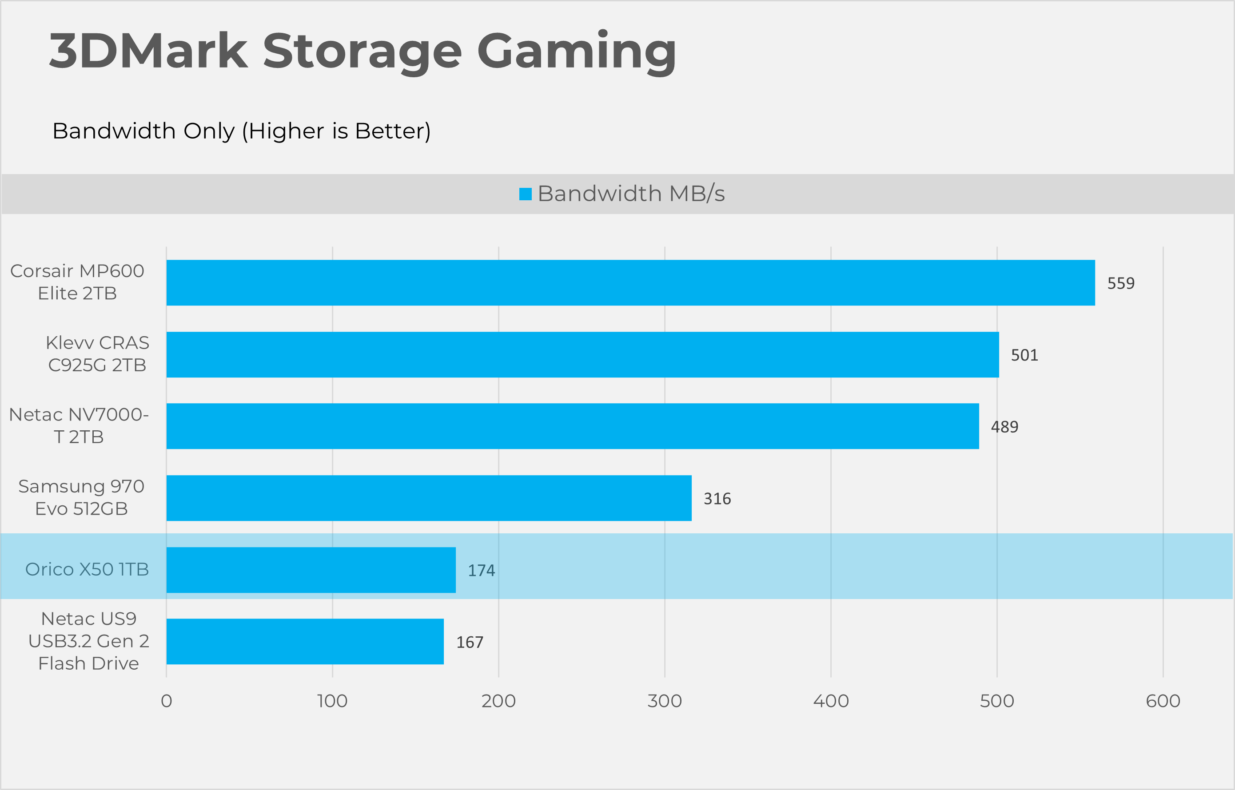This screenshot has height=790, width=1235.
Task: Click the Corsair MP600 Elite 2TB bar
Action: tap(630, 283)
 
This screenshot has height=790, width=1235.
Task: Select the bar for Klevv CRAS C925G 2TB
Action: tap(582, 354)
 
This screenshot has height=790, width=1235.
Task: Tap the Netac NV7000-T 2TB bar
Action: tap(573, 426)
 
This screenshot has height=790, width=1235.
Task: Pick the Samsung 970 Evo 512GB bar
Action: tap(429, 498)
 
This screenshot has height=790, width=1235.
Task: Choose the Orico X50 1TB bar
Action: tap(311, 570)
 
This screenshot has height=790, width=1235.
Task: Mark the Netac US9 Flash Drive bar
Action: tap(305, 642)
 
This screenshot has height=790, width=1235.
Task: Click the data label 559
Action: tap(1120, 283)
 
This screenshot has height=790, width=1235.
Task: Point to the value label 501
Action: tap(1024, 355)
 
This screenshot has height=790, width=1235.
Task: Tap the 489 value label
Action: tap(1004, 427)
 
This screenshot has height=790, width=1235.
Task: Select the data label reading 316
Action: tap(717, 499)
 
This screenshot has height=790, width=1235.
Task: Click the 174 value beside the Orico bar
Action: tap(481, 571)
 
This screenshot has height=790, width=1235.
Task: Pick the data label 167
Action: tap(470, 642)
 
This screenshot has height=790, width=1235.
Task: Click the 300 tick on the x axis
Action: tap(665, 701)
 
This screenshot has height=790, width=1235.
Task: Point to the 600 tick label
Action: tap(1163, 701)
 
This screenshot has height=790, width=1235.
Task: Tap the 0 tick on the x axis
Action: tap(166, 701)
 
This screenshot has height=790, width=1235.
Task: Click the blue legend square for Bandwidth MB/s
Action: tap(525, 194)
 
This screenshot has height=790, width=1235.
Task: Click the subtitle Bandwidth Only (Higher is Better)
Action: tap(241, 131)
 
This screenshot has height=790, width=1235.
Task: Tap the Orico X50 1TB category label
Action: tap(87, 569)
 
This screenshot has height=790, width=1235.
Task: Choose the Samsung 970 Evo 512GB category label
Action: tap(81, 498)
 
